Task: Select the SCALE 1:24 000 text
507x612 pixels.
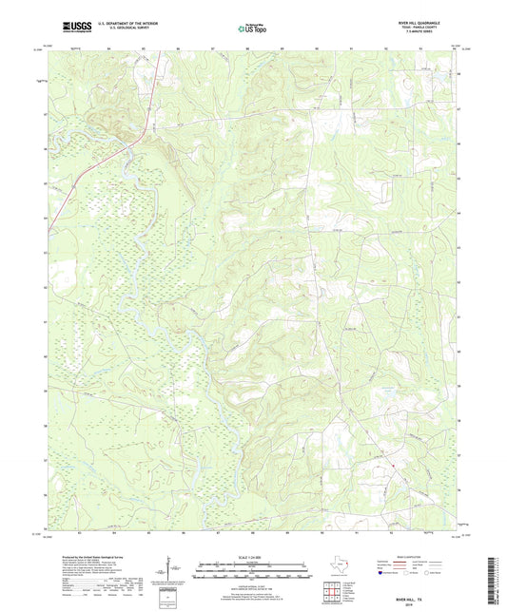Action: tap(253, 556)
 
